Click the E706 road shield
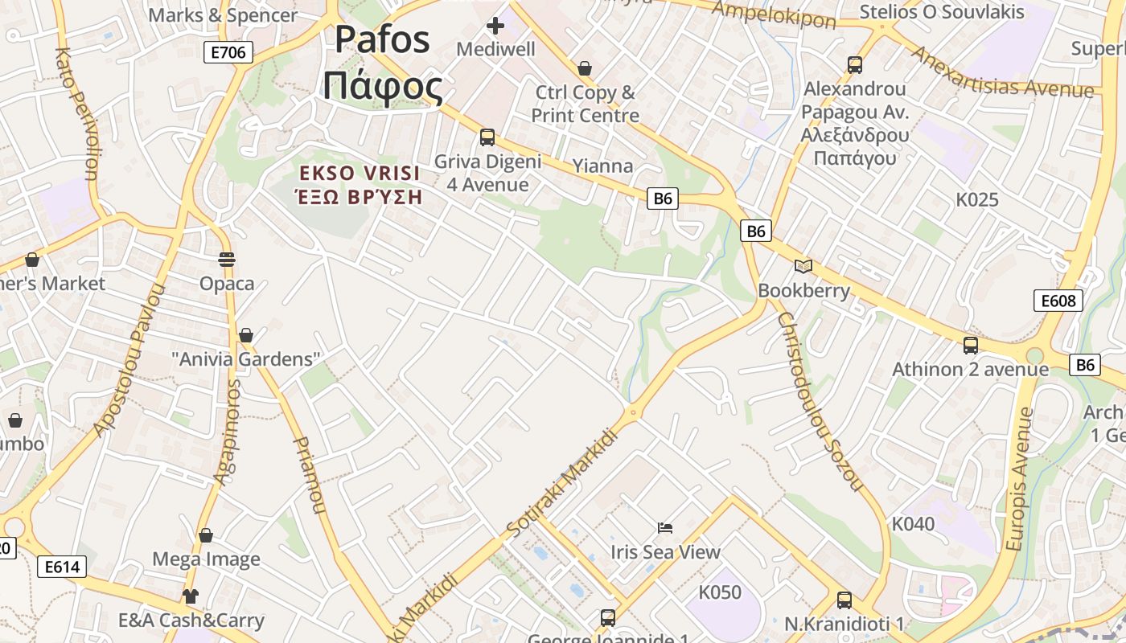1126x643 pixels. [228, 53]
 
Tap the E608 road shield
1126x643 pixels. [1058, 301]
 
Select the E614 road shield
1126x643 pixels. [62, 567]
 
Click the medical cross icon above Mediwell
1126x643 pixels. [495, 26]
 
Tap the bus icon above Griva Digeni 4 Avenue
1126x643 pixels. [487, 137]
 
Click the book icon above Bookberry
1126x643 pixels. [803, 266]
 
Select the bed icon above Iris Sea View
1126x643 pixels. [665, 528]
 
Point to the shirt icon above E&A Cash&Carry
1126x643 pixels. [190, 596]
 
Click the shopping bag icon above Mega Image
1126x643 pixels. [206, 535]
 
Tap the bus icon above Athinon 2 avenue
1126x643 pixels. [971, 346]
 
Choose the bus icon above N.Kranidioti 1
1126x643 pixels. [844, 600]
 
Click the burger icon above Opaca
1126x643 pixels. [227, 260]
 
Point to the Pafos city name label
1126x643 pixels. [383, 63]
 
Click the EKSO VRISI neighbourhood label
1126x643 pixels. [360, 185]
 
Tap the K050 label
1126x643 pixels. [720, 592]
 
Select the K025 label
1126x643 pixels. [977, 199]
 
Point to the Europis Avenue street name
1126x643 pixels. [1019, 479]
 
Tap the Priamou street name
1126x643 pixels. [309, 474]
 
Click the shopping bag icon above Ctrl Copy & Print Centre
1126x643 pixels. [585, 68]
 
